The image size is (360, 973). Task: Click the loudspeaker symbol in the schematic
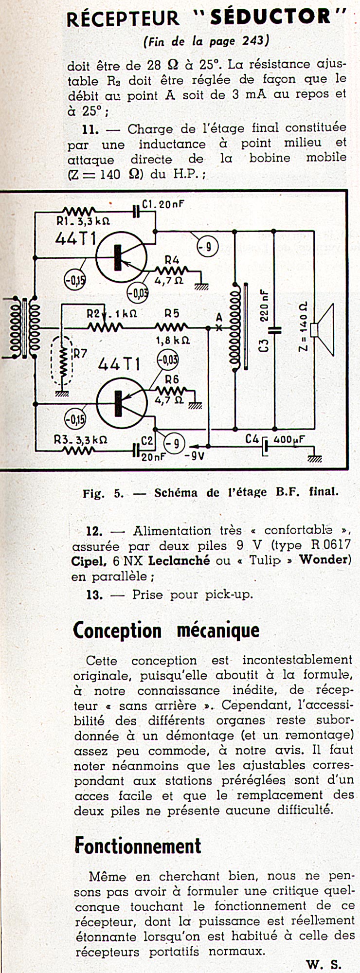click(x=323, y=329)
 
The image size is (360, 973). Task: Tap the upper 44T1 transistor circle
click(x=121, y=257)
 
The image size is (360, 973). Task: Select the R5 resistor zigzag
click(x=171, y=327)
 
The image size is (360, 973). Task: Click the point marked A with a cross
click(x=219, y=327)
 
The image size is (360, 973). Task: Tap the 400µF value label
click(x=289, y=439)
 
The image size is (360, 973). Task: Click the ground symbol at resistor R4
click(x=200, y=287)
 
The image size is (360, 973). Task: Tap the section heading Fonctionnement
click(x=138, y=846)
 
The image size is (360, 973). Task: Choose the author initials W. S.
click(x=324, y=964)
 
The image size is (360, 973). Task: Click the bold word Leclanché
click(x=179, y=560)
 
